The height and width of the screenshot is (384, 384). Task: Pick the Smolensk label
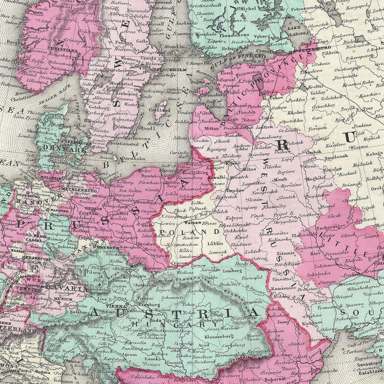[x=333, y=156]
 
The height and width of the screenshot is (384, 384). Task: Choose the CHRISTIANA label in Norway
[x=62, y=51]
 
